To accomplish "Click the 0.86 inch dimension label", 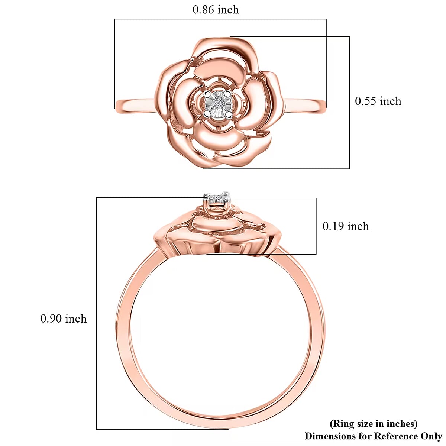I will pos(216,9).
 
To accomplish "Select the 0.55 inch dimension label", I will pos(378,101).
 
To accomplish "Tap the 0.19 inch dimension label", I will pos(346,226).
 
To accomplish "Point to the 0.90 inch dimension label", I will pos(64,319).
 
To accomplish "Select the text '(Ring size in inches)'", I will pos(373,424).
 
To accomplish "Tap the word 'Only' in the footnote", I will pos(431,436).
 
